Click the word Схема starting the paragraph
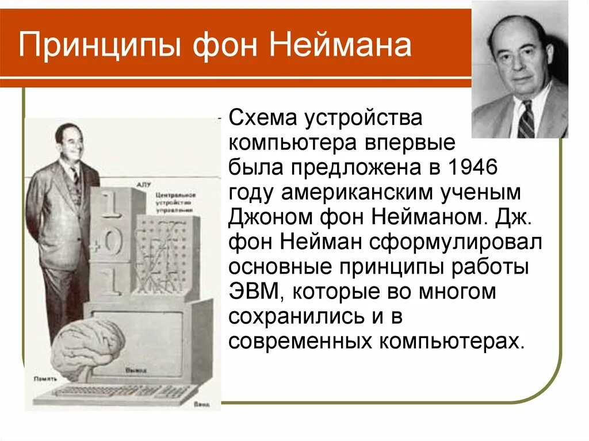(262, 118)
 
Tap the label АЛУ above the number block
(143, 185)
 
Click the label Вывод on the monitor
(134, 371)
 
